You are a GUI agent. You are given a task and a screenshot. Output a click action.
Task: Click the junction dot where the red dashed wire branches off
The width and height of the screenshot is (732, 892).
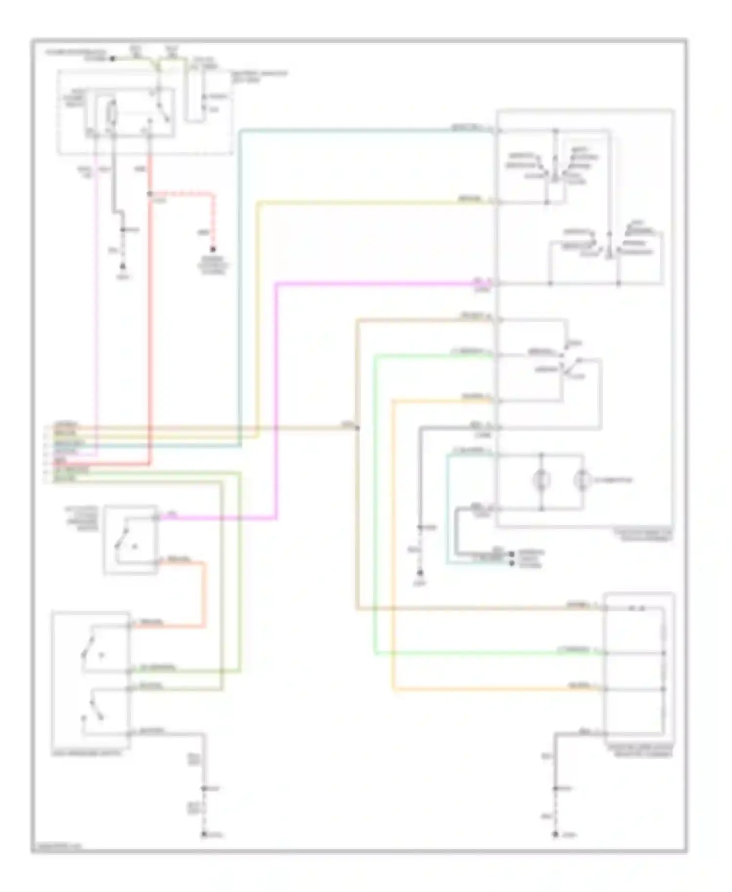click(x=149, y=194)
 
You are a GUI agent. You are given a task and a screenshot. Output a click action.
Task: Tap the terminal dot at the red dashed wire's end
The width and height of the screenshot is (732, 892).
click(x=213, y=249)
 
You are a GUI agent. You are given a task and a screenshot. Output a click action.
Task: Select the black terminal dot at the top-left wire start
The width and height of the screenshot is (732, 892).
click(x=112, y=59)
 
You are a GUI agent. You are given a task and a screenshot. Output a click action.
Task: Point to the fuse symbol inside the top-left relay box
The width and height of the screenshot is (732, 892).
click(x=112, y=114)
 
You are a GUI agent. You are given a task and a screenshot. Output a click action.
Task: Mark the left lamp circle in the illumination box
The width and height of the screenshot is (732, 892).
click(x=541, y=480)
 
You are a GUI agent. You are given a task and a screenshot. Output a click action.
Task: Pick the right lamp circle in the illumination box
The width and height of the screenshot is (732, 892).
click(x=581, y=480)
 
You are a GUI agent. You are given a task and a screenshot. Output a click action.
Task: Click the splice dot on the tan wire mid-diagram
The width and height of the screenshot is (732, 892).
click(x=357, y=428)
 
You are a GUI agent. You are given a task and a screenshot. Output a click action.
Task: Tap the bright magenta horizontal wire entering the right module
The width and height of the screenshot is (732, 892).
click(x=371, y=283)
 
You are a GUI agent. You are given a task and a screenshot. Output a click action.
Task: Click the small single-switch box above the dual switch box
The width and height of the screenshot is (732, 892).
click(x=130, y=539)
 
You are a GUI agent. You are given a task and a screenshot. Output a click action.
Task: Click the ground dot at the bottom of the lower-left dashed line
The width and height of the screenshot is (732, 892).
click(x=204, y=834)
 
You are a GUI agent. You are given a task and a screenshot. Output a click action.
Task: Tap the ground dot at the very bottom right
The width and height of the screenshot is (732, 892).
click(x=555, y=834)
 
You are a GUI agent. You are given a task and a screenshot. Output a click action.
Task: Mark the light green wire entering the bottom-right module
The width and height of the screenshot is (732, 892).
click(x=488, y=653)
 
